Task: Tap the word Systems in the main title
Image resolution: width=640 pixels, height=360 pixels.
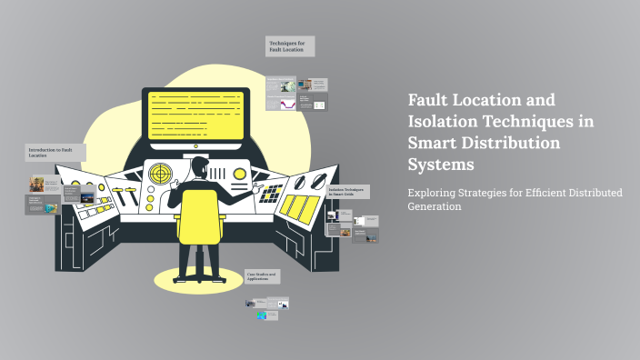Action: (x=441, y=165)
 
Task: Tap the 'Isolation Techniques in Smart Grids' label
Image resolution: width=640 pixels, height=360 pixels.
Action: (x=347, y=192)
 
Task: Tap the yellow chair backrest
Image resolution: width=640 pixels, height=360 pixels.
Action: (x=198, y=216)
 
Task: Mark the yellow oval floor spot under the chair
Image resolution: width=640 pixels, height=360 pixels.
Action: (x=198, y=278)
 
